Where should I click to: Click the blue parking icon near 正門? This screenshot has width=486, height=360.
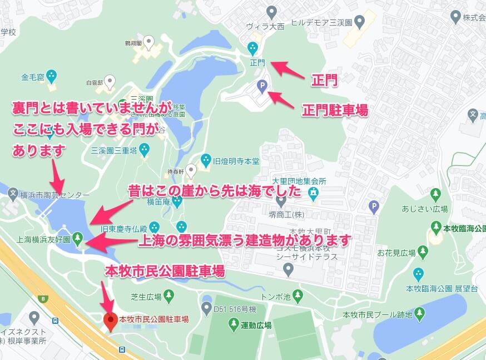coord(262,85)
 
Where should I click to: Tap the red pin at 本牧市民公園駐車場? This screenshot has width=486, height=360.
coord(111,320)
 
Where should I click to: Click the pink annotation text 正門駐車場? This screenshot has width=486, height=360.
coord(335,110)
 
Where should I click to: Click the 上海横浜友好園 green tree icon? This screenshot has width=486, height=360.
coord(77,238)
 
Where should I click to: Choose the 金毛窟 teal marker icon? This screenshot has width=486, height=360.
coord(52,75)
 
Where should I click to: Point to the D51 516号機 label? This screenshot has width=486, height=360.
coord(236,308)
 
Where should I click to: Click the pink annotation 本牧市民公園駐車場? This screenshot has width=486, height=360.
coord(165,271)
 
